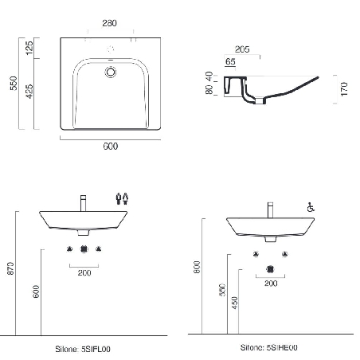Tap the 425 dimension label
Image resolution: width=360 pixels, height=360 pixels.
(29, 94)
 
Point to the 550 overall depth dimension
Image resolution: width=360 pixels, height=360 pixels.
(12, 83)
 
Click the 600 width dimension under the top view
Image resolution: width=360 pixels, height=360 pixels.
(110, 147)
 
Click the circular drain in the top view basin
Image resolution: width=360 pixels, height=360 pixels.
(111, 72)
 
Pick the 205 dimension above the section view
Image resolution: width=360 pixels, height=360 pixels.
(242, 49)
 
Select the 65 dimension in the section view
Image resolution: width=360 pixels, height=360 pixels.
(230, 61)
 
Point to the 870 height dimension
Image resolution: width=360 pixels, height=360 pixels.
(11, 270)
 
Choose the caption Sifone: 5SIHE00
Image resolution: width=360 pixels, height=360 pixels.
(269, 349)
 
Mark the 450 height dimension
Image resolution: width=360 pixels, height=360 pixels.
(235, 304)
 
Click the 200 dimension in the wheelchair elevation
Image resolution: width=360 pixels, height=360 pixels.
(270, 283)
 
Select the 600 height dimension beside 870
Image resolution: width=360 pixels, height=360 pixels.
(36, 292)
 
